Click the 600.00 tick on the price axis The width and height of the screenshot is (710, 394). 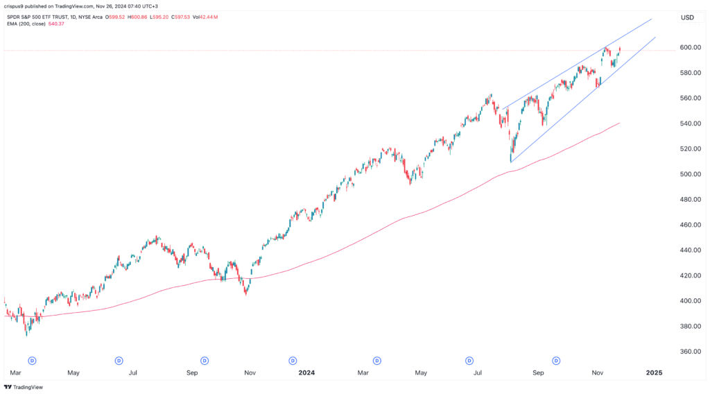(687, 47)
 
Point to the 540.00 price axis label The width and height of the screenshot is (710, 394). (687, 123)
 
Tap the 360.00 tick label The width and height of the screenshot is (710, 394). (687, 352)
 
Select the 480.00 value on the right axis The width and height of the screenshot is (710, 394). (687, 200)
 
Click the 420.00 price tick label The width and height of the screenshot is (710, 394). (687, 275)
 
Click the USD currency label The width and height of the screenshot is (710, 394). (687, 17)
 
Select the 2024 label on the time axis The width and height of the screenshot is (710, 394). (306, 372)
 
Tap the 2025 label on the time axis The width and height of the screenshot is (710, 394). (654, 372)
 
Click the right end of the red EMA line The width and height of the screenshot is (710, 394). (619, 123)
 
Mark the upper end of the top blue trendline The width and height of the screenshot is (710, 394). (652, 19)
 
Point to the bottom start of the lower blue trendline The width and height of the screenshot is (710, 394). (511, 162)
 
